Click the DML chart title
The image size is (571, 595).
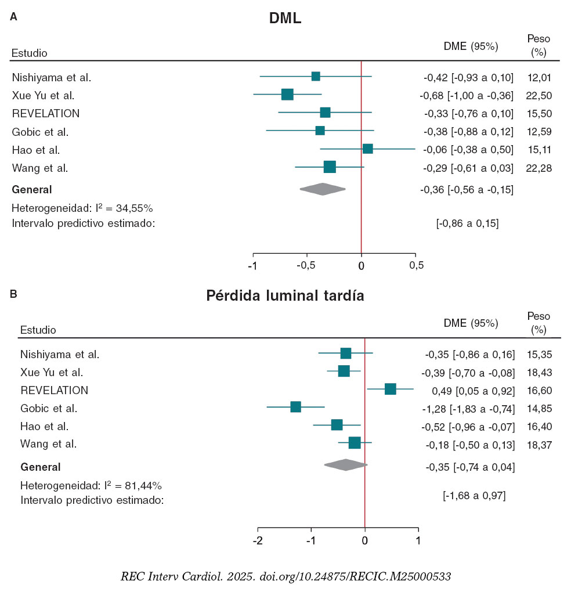click(285, 19)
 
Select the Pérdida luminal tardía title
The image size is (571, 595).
click(285, 296)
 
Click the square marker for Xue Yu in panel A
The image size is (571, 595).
click(287, 95)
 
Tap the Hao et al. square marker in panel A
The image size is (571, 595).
click(367, 149)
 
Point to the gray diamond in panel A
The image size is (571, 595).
click(323, 189)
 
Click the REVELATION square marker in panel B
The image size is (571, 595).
click(390, 389)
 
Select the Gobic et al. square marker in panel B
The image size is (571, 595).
click(296, 407)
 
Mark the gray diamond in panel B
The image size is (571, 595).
click(346, 465)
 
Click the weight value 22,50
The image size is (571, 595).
click(539, 95)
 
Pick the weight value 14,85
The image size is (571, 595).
click(539, 408)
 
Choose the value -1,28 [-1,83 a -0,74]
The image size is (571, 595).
click(468, 408)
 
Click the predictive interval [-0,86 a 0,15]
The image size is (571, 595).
click(467, 223)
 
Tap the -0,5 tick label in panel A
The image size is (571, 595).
click(306, 266)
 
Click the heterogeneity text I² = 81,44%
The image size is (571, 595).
click(91, 485)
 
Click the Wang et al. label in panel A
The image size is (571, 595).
click(40, 168)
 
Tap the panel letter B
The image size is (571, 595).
click(14, 294)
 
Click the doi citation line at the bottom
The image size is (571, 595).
click(285, 576)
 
